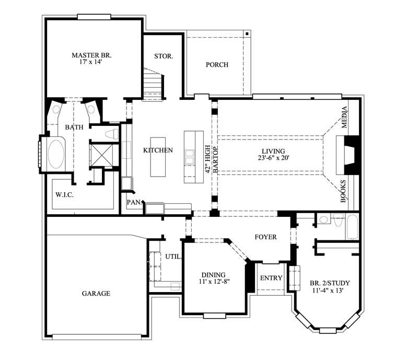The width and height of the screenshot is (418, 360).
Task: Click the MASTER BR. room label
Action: pyautogui.click(x=92, y=55)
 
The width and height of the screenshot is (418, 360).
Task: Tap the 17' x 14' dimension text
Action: pyautogui.click(x=92, y=62)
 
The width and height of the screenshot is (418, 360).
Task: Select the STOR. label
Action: pyautogui.click(x=164, y=56)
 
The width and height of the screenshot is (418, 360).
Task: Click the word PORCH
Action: pyautogui.click(x=217, y=65)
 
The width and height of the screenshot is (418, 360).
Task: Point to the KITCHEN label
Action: pyautogui.click(x=158, y=150)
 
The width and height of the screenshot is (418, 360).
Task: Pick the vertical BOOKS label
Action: pyautogui.click(x=344, y=191)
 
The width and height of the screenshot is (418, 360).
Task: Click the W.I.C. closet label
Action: pyautogui.click(x=64, y=195)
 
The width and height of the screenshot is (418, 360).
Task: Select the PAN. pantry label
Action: pyautogui.click(x=132, y=202)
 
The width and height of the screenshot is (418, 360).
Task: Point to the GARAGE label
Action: pyautogui.click(x=96, y=294)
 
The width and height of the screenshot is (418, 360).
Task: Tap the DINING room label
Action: pyautogui.click(x=213, y=275)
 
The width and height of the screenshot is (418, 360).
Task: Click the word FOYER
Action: pyautogui.click(x=265, y=237)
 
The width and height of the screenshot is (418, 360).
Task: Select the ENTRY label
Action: pyautogui.click(x=271, y=278)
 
